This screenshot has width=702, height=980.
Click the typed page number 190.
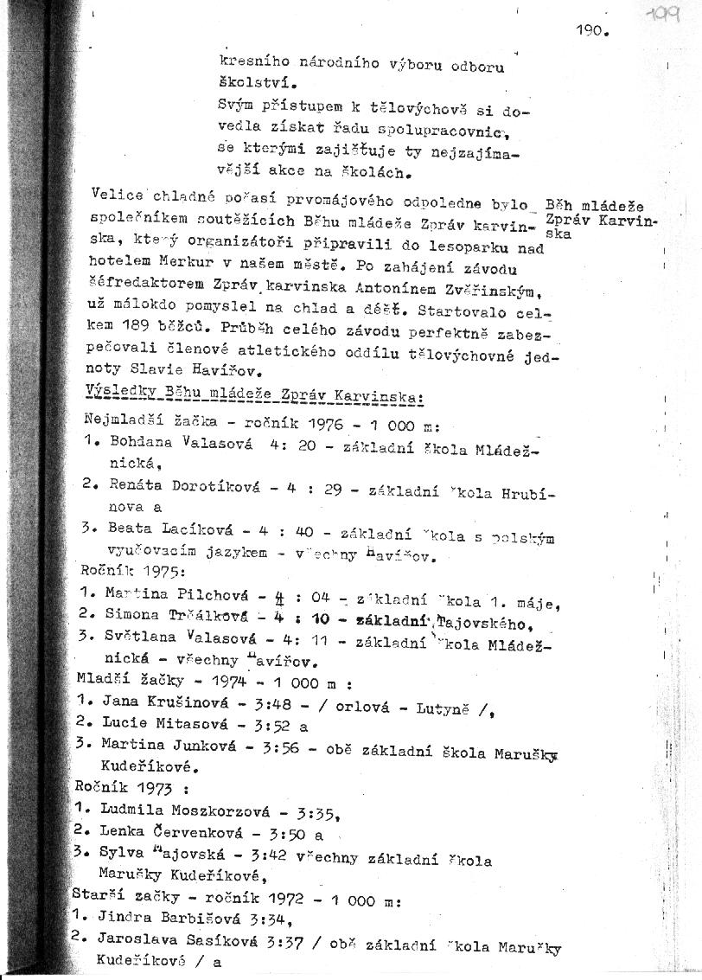click(592, 32)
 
